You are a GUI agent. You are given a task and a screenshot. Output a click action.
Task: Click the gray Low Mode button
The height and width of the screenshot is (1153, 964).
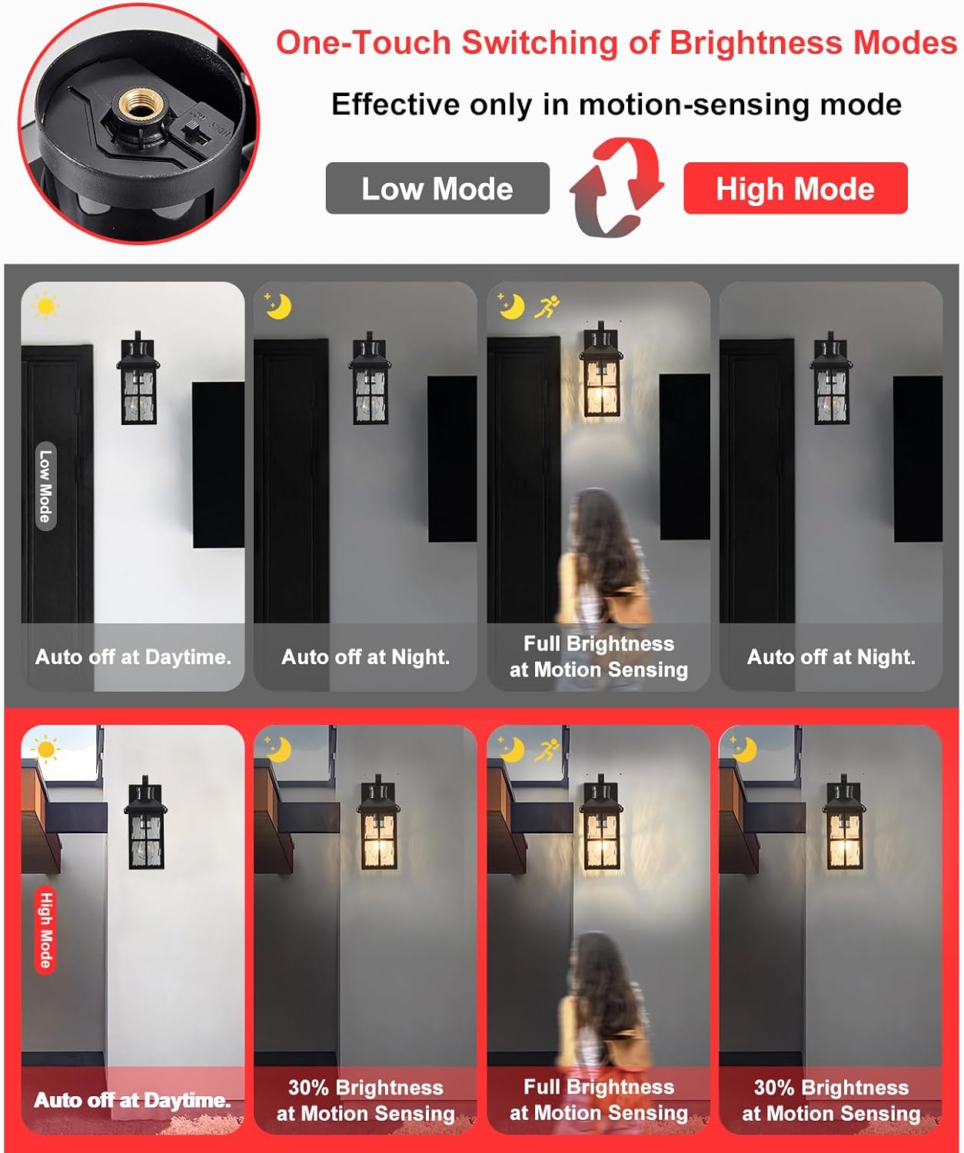coord(437,188)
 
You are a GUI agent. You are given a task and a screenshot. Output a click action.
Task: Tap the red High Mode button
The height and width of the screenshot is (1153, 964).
coord(795,188)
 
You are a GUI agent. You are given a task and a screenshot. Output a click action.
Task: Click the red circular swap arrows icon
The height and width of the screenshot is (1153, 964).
coord(617,187)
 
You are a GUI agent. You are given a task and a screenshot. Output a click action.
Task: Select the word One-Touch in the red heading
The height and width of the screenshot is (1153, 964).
coord(363,43)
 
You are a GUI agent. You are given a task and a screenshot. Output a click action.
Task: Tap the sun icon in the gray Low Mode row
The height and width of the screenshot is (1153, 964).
coord(45,306)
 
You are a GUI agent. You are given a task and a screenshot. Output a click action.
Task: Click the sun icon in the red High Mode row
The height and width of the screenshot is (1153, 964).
coord(45,749)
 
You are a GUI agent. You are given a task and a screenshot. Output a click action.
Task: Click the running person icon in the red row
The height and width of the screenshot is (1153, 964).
coord(547,749)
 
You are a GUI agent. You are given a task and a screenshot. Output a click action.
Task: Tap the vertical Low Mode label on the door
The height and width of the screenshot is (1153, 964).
coord(45,486)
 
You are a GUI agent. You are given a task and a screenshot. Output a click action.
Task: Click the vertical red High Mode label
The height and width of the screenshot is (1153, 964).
coord(45,929)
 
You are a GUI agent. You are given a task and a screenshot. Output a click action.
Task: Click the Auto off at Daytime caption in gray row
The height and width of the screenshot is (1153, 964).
coord(133,657)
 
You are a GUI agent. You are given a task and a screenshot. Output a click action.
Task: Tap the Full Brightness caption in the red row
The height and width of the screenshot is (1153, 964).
coord(598,1100)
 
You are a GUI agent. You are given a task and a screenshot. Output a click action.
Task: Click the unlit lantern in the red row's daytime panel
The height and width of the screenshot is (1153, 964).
coord(145,825)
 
